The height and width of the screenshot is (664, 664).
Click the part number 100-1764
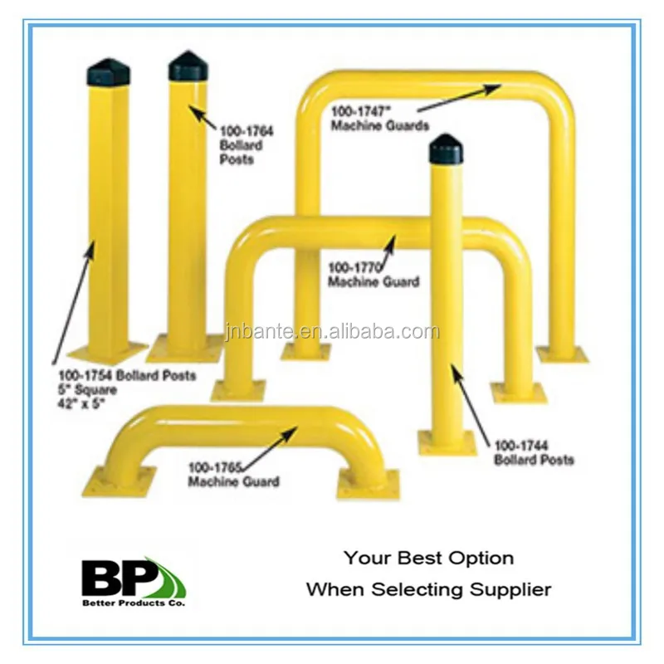[247, 131]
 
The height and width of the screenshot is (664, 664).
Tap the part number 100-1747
[358, 110]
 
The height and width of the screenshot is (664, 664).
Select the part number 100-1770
[354, 267]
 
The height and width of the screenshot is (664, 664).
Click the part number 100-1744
[520, 446]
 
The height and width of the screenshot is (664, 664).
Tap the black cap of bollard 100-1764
[188, 66]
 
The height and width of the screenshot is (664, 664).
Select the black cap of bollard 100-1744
[447, 149]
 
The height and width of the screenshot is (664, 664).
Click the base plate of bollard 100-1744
[447, 442]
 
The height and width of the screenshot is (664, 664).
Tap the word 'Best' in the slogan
[414, 559]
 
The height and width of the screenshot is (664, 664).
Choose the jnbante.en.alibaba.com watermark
[332, 333]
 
